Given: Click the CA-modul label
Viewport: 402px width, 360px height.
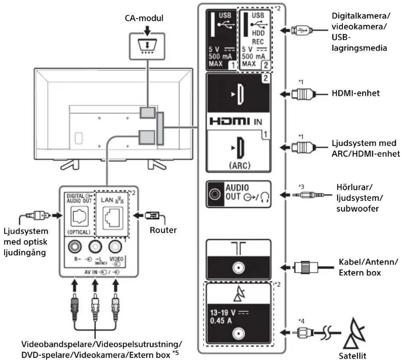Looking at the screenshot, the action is [144, 18].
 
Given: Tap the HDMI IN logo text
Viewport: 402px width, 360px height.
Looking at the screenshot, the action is [236, 122].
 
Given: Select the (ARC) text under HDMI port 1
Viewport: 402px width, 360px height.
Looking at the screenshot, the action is [240, 166].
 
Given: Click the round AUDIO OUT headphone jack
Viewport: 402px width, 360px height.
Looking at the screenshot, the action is [215, 194].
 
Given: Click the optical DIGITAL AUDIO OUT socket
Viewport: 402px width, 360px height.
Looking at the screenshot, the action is [79, 216].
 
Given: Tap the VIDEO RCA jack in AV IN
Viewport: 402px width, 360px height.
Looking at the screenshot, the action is [115, 247].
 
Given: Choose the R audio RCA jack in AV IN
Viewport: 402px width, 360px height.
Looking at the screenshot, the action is [75, 247].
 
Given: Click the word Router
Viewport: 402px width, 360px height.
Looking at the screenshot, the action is [163, 230].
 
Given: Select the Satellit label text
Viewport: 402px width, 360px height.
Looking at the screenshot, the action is [353, 355].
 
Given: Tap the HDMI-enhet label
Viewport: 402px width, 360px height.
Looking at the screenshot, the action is [356, 93].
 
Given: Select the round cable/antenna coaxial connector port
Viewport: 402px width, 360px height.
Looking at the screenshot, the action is [238, 268].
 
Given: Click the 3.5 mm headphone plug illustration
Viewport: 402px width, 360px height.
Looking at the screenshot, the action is [308, 195].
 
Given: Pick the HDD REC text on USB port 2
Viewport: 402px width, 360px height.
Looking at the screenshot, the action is [258, 37].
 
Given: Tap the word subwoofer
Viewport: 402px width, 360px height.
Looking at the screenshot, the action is [357, 209].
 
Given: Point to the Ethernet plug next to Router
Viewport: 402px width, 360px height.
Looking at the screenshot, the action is [152, 215].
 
